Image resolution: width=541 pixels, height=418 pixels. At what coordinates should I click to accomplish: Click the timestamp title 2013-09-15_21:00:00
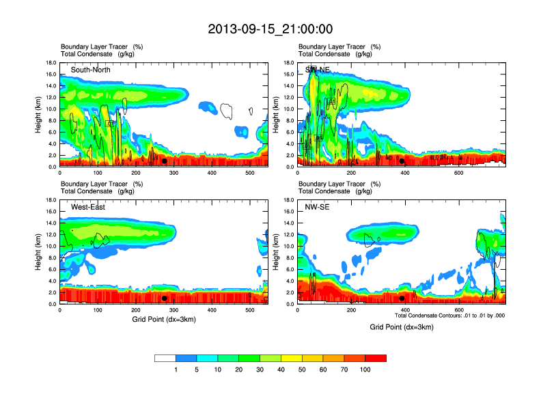[x=270, y=29]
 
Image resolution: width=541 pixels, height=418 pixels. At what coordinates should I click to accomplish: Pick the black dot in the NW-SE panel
[x=402, y=298]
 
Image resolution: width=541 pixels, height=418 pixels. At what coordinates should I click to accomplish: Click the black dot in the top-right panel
[x=402, y=161]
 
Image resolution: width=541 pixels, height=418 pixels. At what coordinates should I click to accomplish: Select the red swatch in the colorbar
[x=376, y=358]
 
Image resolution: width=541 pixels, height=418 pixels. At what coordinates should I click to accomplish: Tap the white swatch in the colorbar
[x=165, y=358]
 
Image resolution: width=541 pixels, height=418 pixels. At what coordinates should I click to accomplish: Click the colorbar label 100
[x=365, y=370]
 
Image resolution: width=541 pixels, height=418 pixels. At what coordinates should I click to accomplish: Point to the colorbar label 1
[x=176, y=370]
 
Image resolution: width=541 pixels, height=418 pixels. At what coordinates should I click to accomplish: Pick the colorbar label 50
[x=281, y=370]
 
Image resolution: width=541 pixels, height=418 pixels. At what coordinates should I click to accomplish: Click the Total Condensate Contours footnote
[x=449, y=316]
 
